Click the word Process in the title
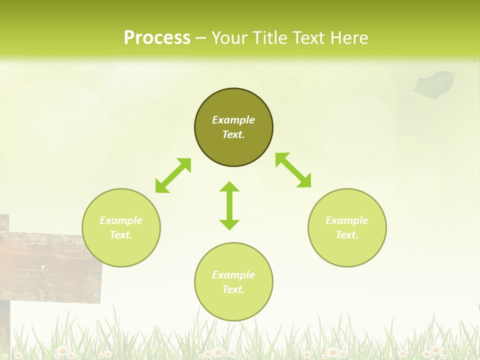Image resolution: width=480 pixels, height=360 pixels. (157, 37)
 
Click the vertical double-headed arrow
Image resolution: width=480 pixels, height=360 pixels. (229, 206)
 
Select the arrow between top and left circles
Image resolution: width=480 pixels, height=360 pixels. (173, 175)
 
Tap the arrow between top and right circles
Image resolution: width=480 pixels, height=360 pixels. (293, 170)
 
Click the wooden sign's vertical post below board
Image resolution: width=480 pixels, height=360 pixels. (5, 325)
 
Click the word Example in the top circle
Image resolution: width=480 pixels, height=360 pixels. (233, 120)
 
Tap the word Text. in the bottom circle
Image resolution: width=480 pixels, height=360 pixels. (233, 289)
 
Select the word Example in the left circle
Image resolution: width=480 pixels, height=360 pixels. (121, 220)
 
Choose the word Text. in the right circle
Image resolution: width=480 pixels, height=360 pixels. (347, 235)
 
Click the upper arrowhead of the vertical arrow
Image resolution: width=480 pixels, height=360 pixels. (229, 187)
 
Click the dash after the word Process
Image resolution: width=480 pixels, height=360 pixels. (200, 38)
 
